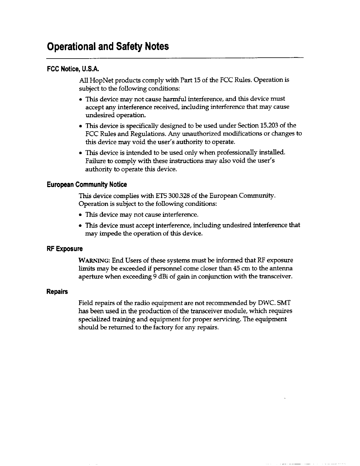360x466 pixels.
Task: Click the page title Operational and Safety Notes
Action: coord(108,46)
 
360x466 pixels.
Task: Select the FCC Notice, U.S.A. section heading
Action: coord(73,69)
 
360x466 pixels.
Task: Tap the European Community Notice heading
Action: coord(87,185)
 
